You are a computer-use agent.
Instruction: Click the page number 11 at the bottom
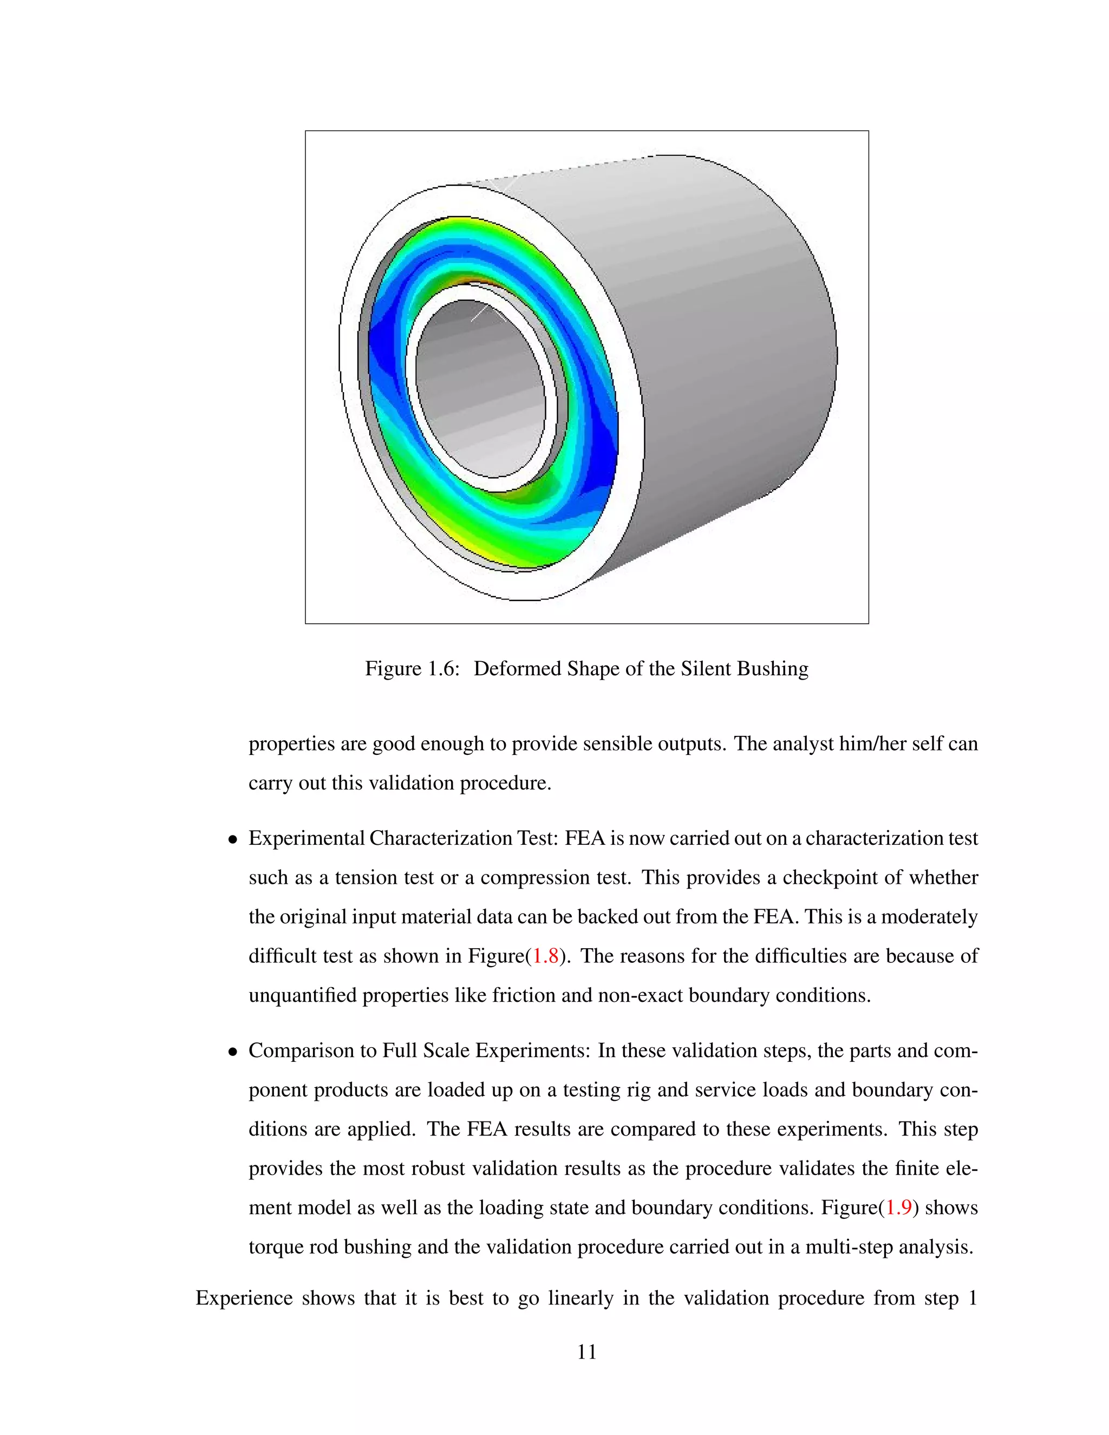coord(586,1352)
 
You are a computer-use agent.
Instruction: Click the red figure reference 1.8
coord(545,956)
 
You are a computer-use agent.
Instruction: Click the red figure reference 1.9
coord(898,1208)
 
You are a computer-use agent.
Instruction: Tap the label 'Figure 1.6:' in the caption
coord(412,669)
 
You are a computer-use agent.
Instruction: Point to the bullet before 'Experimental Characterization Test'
coord(232,840)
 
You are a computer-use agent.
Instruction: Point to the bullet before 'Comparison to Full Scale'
coord(232,1053)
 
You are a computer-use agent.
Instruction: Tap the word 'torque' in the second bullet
coord(276,1247)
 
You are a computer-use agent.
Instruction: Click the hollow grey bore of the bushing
coord(480,394)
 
